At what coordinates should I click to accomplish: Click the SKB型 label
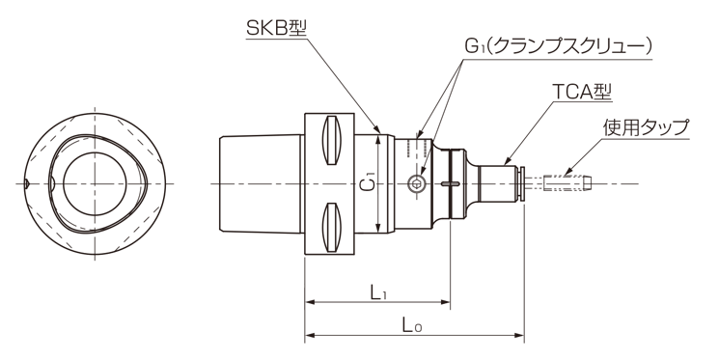coord(276,28)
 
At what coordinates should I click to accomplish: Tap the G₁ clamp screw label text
coord(558,46)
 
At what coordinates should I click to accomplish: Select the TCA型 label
coord(582,93)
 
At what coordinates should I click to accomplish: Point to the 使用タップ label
coord(646,127)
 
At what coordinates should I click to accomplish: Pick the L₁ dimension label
coord(378,291)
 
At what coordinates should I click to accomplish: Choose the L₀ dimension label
coord(412,325)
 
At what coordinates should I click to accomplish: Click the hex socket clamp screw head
coord(416,184)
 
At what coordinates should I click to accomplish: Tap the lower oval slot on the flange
coord(332,228)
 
